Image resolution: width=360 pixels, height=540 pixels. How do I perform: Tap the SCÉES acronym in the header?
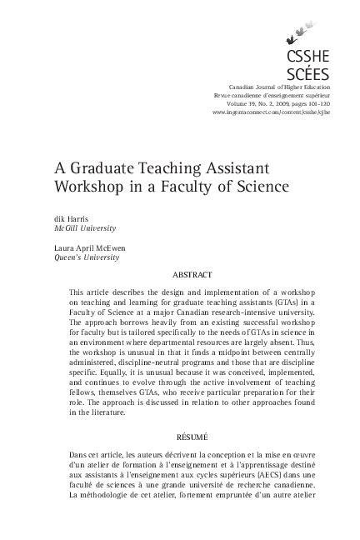pos(307,74)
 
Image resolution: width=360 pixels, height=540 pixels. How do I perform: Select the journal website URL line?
pos(272,112)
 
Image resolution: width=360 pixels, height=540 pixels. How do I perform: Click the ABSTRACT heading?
pos(191,274)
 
